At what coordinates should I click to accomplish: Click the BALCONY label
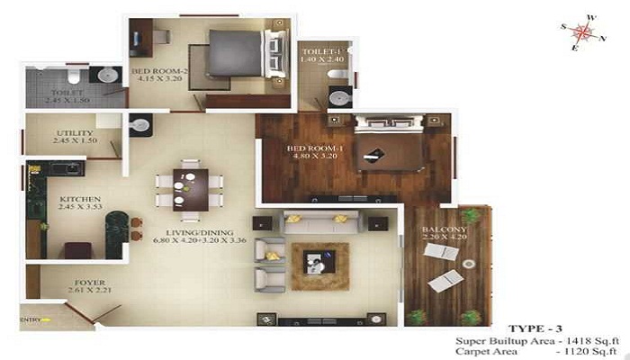(444, 229)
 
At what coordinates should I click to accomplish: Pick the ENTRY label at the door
(31, 317)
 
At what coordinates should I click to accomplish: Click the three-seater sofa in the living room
(322, 221)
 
